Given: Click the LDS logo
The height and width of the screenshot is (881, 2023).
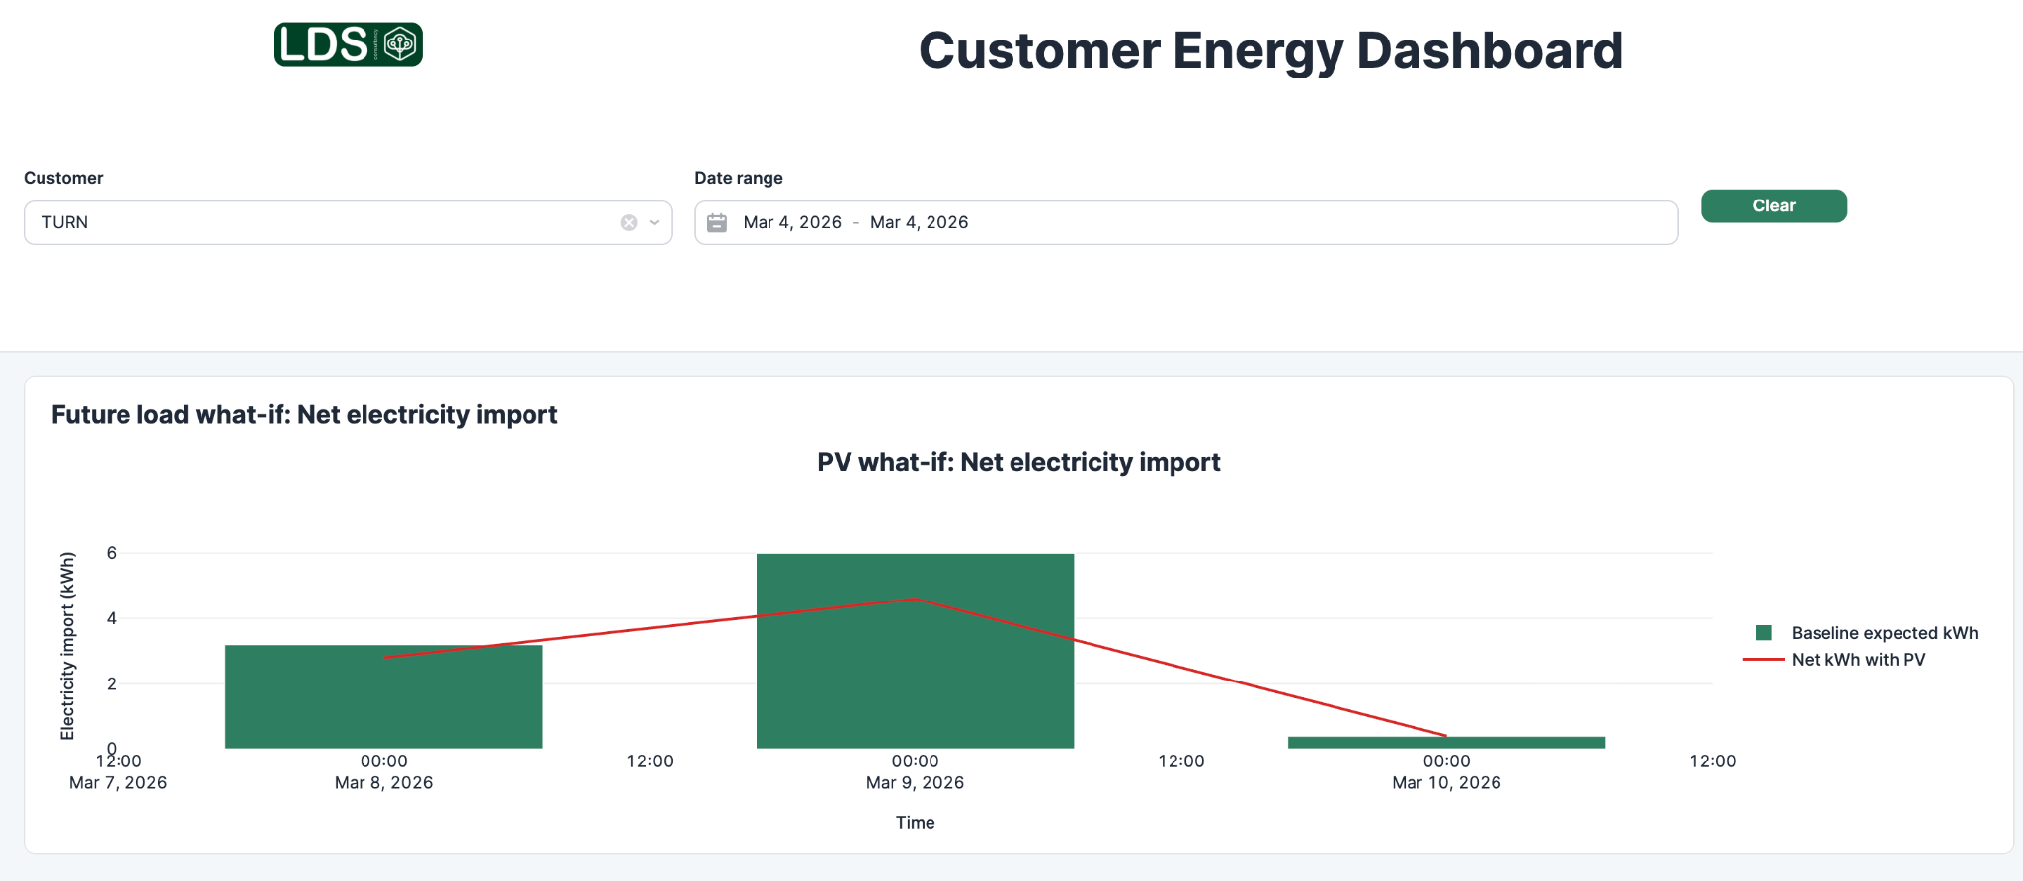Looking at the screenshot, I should pos(348,44).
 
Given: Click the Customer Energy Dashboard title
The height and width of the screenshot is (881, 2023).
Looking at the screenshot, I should pos(1270,51).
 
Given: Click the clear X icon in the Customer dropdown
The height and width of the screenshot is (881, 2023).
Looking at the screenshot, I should pos(629,223).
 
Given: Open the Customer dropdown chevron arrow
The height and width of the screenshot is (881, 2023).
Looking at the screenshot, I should pos(654,223).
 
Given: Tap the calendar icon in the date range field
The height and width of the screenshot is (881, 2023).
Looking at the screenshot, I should pos(717,223).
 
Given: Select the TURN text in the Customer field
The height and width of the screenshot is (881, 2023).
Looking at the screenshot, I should pos(65,223).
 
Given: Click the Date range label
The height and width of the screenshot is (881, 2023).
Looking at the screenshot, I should pos(738,178).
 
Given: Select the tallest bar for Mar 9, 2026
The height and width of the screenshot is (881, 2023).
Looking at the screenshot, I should pos(915,672).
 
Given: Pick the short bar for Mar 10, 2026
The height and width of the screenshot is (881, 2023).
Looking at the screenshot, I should pos(1446,743).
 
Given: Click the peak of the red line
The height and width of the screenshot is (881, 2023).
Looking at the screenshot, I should pos(915,600).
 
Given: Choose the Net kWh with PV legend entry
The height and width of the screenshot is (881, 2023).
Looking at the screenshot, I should pos(1857,660).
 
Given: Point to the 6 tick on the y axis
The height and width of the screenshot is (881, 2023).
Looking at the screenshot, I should pos(112,553).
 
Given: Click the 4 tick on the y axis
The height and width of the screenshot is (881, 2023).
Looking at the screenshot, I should pos(112,618).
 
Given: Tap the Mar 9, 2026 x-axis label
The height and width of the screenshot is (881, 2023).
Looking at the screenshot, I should pos(915,782).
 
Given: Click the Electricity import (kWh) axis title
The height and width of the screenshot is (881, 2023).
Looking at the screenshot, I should pos(67,646).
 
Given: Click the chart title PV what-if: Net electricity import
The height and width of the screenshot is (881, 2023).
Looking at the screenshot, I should pos(1018,462).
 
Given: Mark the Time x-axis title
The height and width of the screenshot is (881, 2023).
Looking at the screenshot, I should pos(915,822).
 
